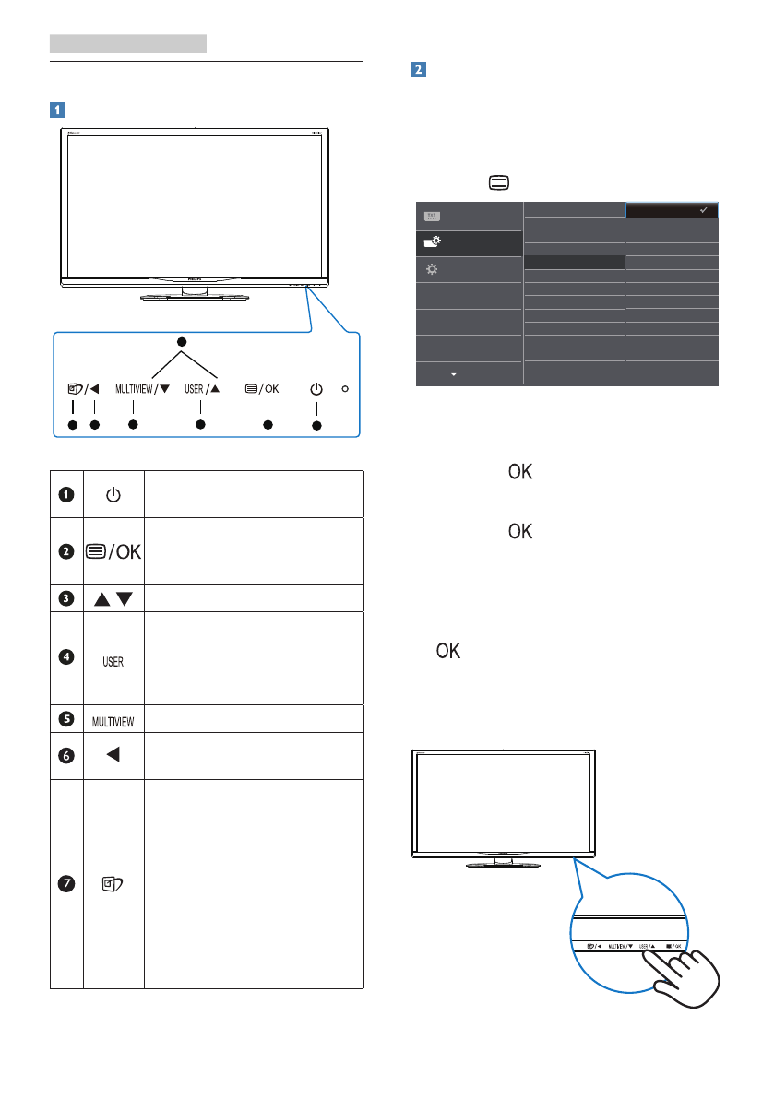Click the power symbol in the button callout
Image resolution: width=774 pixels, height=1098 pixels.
(316, 388)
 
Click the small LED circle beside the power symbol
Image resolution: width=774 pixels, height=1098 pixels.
(345, 388)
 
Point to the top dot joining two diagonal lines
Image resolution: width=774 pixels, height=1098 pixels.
(182, 342)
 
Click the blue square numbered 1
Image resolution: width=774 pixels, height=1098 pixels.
(57, 109)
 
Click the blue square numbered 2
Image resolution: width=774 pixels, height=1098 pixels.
(417, 70)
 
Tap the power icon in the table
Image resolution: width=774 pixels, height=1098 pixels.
(113, 495)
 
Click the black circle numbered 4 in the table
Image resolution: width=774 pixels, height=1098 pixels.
(66, 657)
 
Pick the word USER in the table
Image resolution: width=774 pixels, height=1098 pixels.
(113, 662)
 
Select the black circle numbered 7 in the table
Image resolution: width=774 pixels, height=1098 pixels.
(66, 883)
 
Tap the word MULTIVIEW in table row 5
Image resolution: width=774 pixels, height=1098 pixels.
(113, 717)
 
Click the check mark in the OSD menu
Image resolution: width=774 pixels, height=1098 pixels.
(704, 210)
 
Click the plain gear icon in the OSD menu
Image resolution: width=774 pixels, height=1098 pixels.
(429, 268)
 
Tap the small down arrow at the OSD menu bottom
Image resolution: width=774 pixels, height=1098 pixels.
(453, 375)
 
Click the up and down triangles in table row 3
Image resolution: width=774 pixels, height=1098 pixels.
(113, 596)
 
